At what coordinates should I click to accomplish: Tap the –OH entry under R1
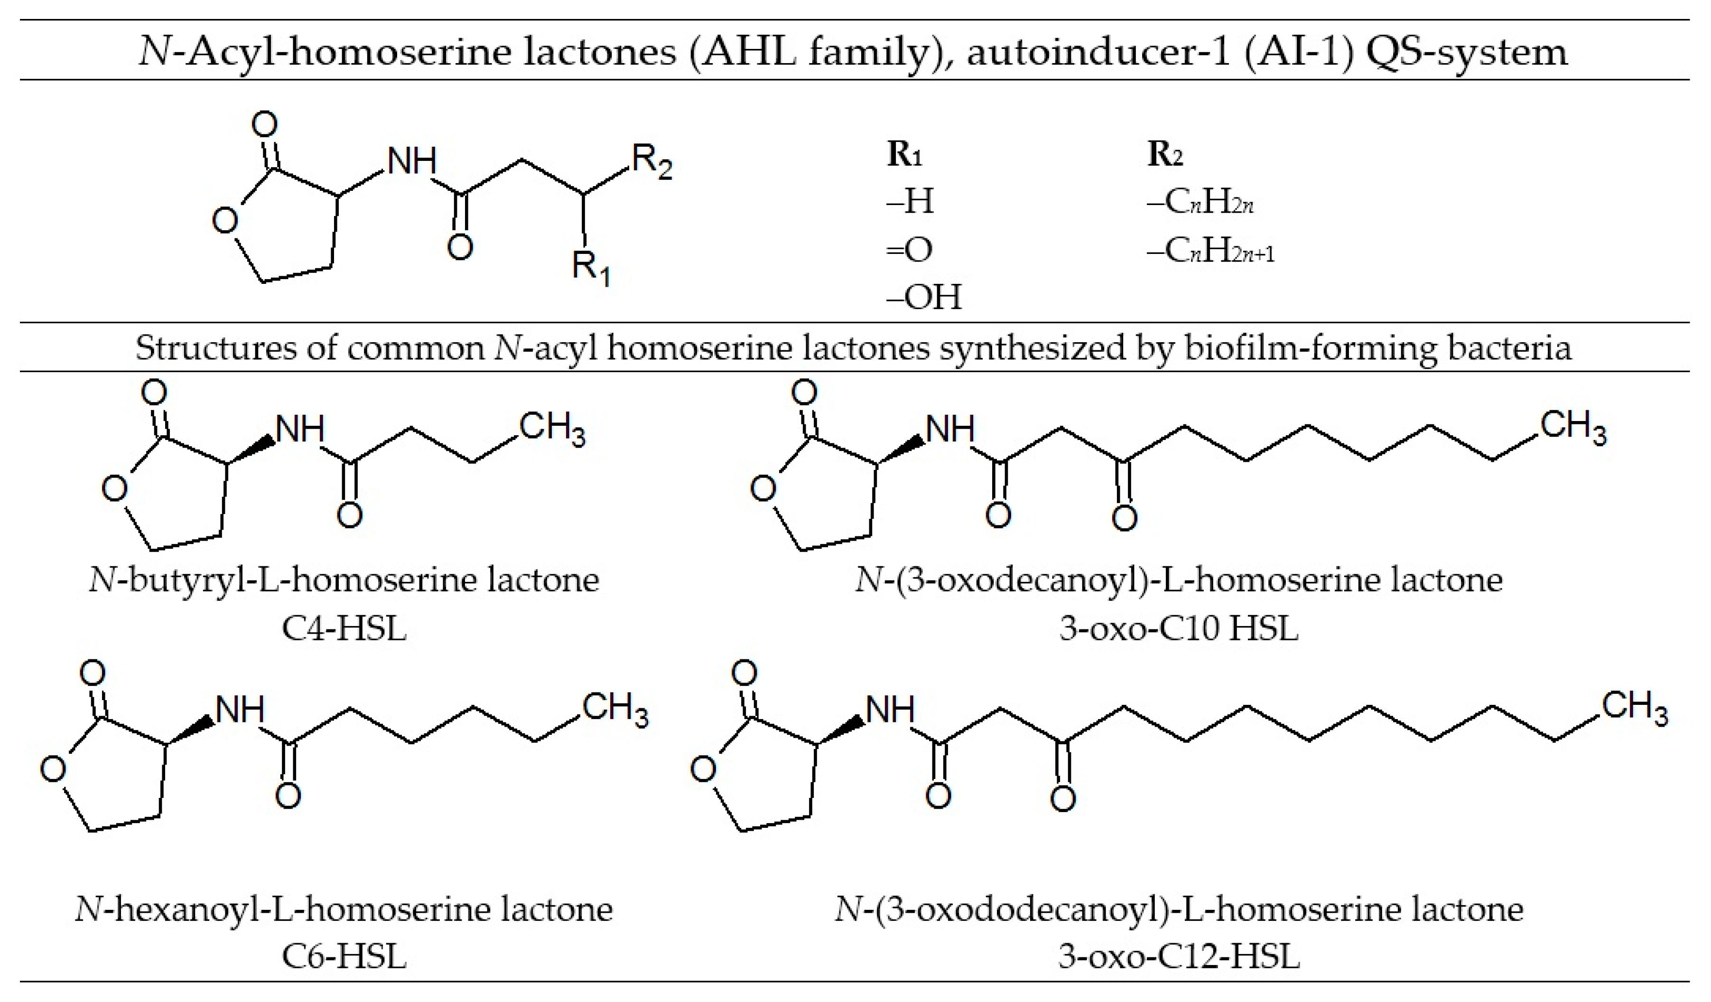(x=924, y=297)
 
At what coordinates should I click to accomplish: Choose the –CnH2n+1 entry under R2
(x=1210, y=252)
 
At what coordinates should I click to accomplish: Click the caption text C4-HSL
(x=344, y=628)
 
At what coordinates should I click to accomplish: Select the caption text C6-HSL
(x=344, y=956)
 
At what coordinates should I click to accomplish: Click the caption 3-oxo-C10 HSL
(x=1178, y=628)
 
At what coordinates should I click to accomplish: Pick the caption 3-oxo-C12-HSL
(x=1178, y=956)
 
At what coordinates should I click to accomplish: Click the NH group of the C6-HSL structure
(x=240, y=711)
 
